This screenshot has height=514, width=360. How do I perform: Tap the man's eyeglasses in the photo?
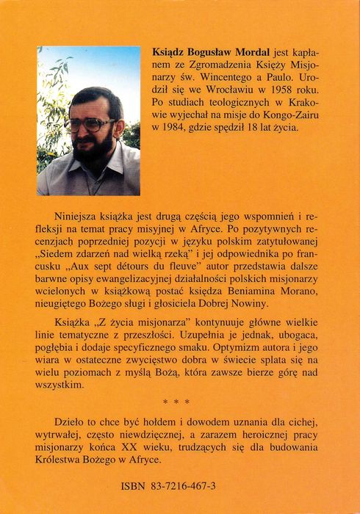coord(90,123)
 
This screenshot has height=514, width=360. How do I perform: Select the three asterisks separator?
coord(179,402)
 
